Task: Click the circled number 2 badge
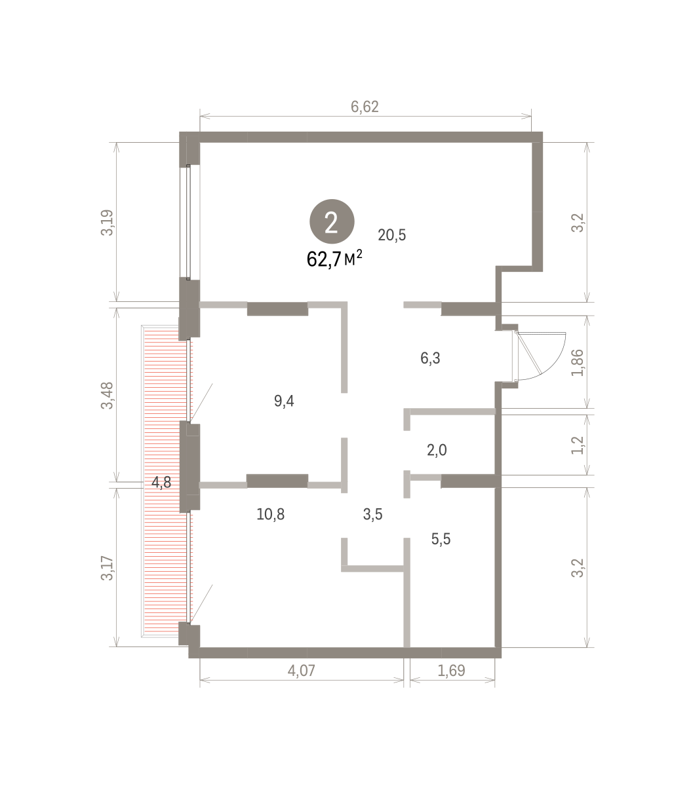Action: coord(332,221)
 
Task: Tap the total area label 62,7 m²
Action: coord(334,259)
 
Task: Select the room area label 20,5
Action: coord(391,235)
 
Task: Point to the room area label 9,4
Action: coord(284,401)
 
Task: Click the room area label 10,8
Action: coord(270,514)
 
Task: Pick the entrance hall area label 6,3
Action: coord(430,358)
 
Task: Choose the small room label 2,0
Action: coord(437,450)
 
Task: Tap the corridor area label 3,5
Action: coord(372,514)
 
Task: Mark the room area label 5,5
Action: coord(441,539)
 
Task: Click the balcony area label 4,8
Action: coord(161,482)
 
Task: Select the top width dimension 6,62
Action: coord(365,107)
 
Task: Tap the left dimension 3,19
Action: coord(107,223)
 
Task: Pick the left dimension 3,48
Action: coord(107,396)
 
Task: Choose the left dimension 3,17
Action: coord(107,568)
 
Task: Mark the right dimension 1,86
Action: coord(577,363)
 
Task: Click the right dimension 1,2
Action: coord(577,445)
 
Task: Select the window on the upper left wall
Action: coord(188,221)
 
